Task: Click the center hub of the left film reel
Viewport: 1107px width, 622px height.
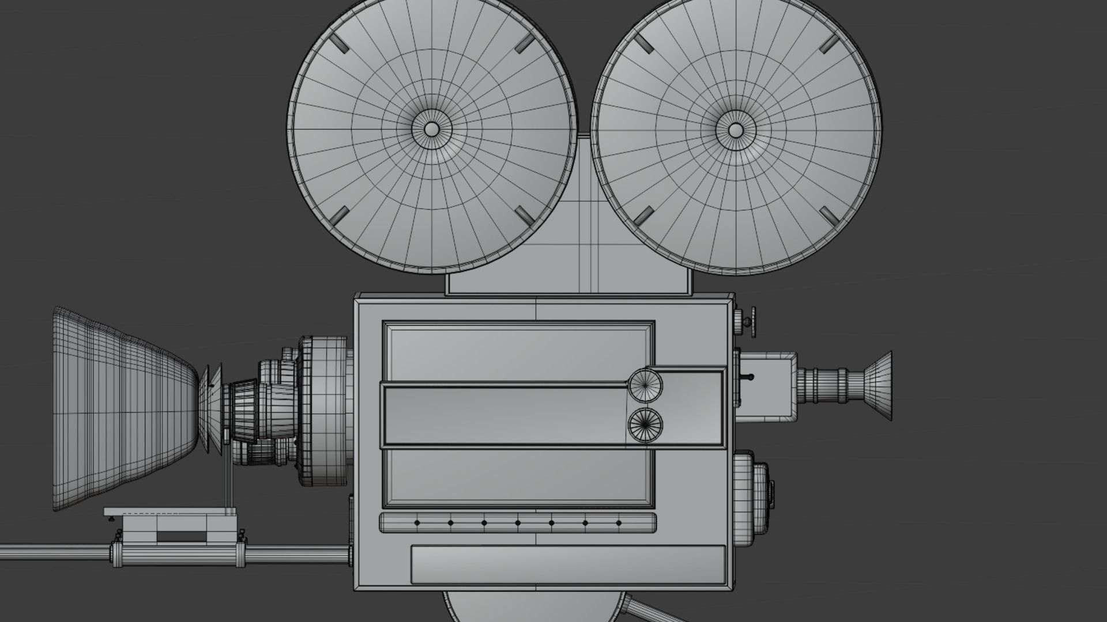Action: coord(431,129)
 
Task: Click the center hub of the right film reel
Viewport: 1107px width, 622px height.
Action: coord(735,130)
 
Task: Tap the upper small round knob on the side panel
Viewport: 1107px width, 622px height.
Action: coord(645,385)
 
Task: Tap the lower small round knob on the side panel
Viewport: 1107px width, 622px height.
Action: coord(645,425)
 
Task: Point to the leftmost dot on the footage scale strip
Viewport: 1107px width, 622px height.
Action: coord(417,523)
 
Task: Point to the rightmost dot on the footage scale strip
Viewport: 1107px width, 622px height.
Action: coord(619,523)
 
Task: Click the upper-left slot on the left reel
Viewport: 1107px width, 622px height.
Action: coord(338,43)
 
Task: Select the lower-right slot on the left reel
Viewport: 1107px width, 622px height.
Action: coord(525,215)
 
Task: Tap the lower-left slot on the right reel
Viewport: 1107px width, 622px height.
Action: coord(643,216)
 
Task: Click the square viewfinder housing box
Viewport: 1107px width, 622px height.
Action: coord(768,384)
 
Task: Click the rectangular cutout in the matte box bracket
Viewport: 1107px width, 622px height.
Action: coord(181,536)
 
